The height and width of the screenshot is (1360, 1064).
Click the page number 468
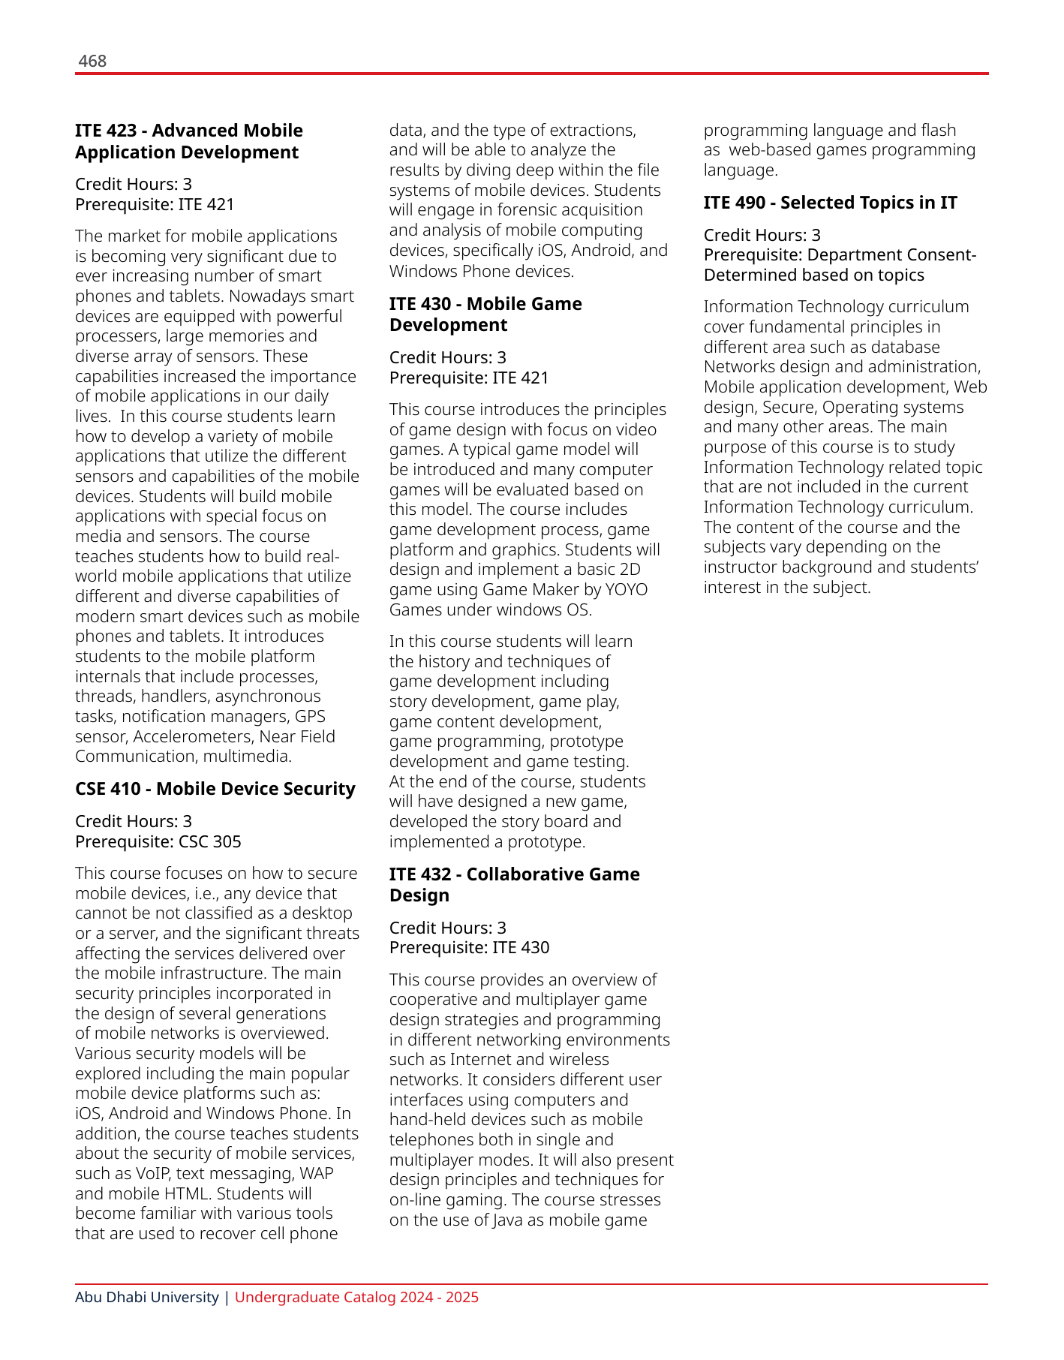[92, 62]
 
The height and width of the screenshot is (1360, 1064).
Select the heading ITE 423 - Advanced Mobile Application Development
[188, 141]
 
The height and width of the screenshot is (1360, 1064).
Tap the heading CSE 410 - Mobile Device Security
[215, 789]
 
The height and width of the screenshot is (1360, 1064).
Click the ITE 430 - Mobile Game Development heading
[485, 314]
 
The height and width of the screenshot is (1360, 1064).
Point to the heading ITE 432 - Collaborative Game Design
[514, 885]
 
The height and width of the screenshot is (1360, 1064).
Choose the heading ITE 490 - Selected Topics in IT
[830, 203]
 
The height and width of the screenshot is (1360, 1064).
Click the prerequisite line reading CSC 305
[158, 841]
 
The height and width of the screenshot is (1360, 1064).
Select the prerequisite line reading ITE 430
[469, 947]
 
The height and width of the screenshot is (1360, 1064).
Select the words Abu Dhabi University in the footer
[147, 1298]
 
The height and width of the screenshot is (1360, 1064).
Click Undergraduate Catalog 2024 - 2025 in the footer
[356, 1298]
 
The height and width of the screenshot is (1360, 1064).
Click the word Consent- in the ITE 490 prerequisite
[942, 255]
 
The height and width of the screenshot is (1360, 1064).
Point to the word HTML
[181, 1194]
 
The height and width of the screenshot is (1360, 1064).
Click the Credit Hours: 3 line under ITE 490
[762, 235]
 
